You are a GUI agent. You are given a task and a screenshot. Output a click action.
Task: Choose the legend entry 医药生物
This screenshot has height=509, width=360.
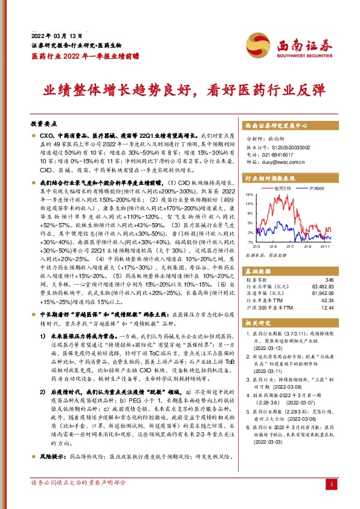pos(281,189)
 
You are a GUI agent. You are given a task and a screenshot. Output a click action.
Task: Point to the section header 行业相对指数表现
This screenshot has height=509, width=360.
pos(270,179)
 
